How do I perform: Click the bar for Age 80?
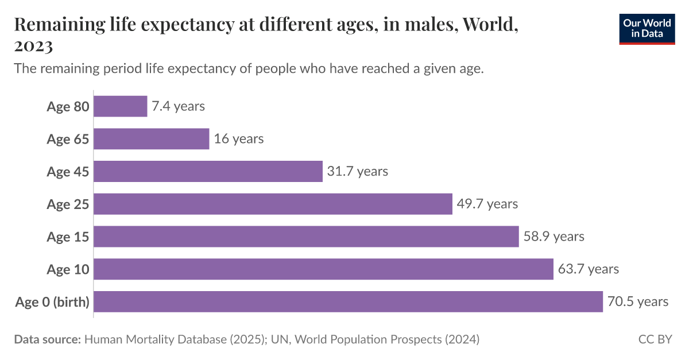coord(120,106)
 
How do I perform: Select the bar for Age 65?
coord(151,139)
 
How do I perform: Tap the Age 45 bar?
coord(208,171)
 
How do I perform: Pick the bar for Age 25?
coord(273,204)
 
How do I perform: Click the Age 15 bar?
coord(306,237)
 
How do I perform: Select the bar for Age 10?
coord(323,269)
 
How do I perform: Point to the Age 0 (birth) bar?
coord(348,301)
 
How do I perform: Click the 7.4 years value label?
coord(178,106)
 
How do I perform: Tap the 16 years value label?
coord(239,139)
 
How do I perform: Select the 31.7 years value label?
coord(357,171)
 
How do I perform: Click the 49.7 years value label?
coord(487,204)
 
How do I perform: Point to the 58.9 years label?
coord(553,237)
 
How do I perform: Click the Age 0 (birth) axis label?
coord(52,302)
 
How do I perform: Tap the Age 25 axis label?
coord(68,204)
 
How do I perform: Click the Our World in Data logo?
coord(647,27)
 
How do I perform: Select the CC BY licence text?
coord(655,339)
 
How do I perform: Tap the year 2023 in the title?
coord(33,46)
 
